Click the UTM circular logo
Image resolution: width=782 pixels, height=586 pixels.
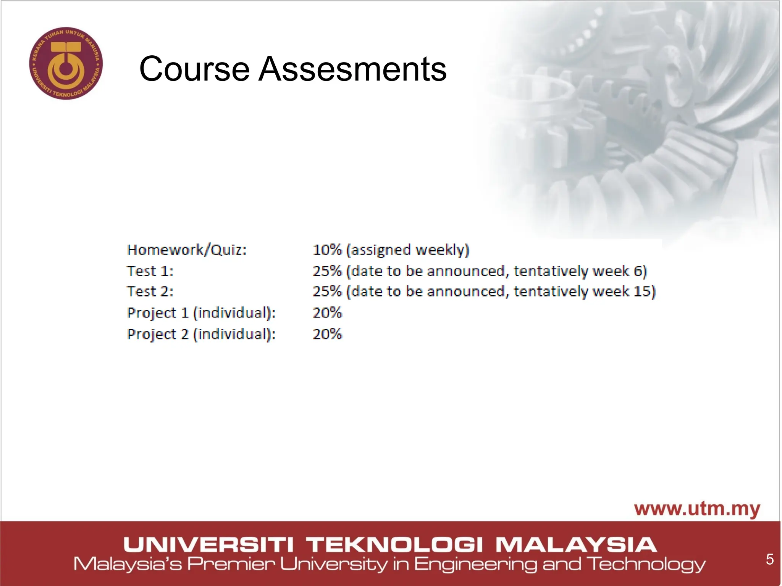coord(66,63)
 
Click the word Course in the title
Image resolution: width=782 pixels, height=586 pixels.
coord(194,69)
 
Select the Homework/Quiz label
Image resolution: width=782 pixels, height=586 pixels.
coord(187,250)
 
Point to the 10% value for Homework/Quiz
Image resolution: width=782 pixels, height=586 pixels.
coord(327,250)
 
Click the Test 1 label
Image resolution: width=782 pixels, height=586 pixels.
coord(150,271)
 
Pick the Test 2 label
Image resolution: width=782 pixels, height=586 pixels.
coord(150,291)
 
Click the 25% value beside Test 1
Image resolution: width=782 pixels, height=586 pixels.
coord(327,271)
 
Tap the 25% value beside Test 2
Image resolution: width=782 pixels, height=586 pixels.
coord(327,291)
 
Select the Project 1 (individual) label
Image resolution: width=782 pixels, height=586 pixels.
coord(201,313)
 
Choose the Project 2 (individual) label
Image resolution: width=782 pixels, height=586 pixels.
coord(201,334)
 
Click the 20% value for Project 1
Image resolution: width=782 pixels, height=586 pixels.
coord(327,313)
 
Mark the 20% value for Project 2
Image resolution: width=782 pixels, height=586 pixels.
coord(327,334)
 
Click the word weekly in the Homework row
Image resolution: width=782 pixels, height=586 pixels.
coord(442,250)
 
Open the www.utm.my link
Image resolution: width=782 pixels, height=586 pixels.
coord(697,509)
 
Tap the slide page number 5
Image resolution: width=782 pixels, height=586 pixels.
coord(769,559)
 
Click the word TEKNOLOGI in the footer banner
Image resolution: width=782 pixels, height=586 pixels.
coord(395,545)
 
